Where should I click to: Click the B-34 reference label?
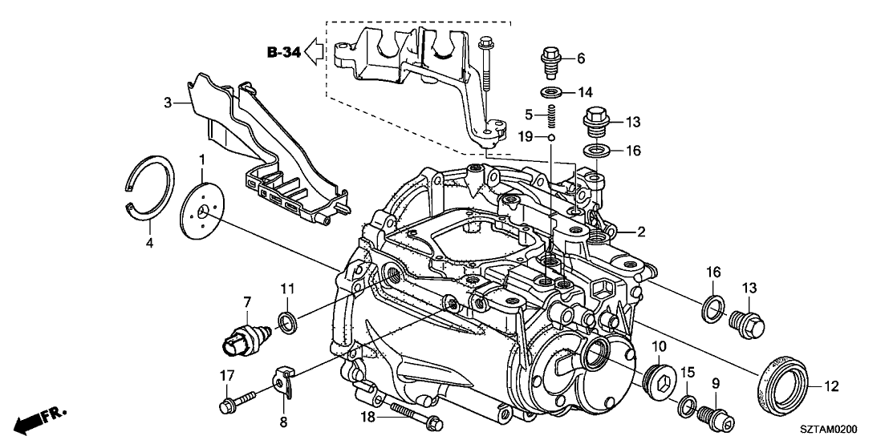tap(285, 54)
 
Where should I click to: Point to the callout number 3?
tap(167, 102)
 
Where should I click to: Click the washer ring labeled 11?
tap(286, 322)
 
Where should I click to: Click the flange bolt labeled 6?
tap(552, 58)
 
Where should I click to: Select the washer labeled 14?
tap(551, 91)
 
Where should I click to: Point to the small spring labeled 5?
tap(551, 119)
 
